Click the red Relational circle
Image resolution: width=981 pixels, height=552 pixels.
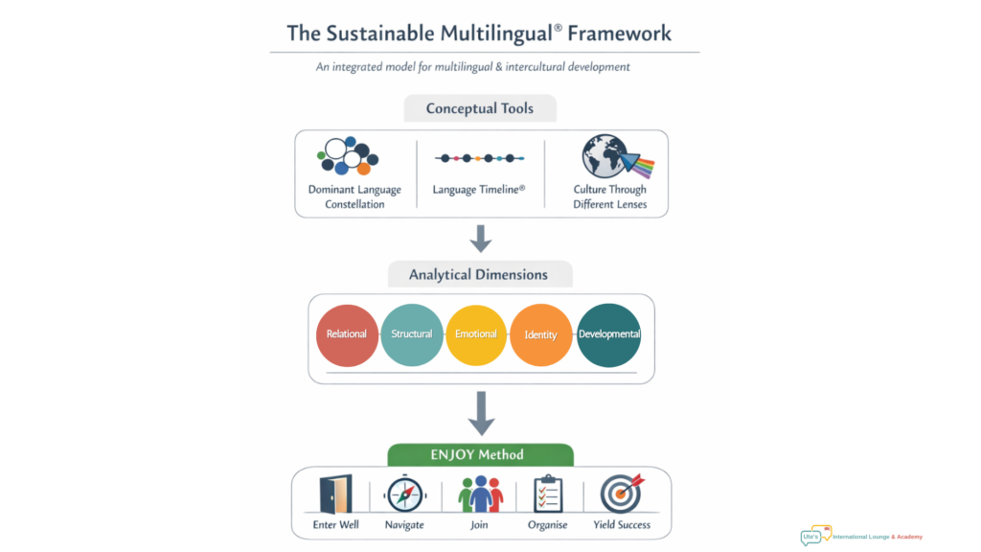tap(347, 334)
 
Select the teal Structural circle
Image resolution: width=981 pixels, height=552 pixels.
tap(412, 334)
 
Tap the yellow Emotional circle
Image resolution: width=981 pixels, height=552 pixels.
tap(476, 334)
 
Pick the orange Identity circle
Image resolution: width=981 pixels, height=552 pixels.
tap(541, 334)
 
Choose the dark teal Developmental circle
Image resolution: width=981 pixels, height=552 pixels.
tap(609, 334)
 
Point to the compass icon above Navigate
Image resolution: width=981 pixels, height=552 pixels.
tap(405, 494)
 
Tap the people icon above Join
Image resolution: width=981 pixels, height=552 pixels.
tap(480, 494)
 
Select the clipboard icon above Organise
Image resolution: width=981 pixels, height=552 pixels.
tap(548, 494)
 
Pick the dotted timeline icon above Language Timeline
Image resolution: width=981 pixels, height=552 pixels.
tap(479, 158)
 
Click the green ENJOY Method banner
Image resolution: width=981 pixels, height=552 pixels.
tap(480, 454)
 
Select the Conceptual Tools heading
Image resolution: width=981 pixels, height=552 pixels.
tap(480, 108)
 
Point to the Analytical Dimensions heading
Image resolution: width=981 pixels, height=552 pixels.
tap(479, 274)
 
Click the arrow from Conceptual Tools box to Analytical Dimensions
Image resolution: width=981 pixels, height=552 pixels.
tap(480, 238)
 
